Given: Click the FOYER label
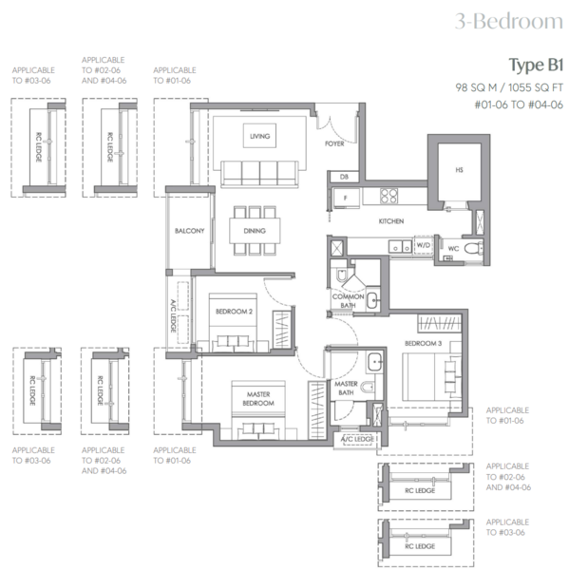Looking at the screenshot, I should click(x=334, y=144).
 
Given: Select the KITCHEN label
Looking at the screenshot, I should click(x=392, y=220).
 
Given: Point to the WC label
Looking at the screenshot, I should click(x=453, y=249).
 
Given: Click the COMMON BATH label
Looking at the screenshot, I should click(x=349, y=301).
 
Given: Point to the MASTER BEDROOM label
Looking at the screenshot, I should click(x=257, y=399).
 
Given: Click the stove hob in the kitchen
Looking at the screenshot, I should click(x=390, y=197).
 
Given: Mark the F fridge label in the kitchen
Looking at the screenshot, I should click(x=346, y=198).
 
